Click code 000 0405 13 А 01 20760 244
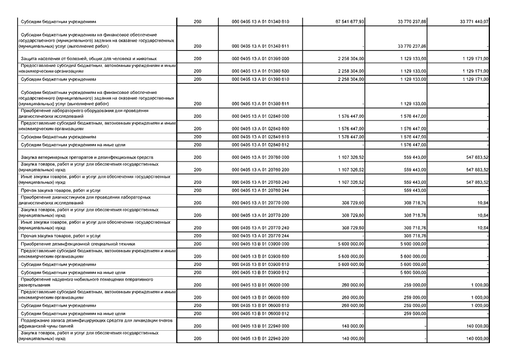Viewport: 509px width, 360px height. click(x=260, y=191)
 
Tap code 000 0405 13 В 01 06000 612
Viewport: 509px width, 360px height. click(x=260, y=313)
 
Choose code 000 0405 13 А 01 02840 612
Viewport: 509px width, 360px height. click(x=260, y=145)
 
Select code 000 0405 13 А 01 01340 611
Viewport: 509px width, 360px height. click(x=260, y=46)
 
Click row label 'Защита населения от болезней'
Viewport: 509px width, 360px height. click(x=80, y=58)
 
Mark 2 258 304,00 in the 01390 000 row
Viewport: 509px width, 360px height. click(x=350, y=58)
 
